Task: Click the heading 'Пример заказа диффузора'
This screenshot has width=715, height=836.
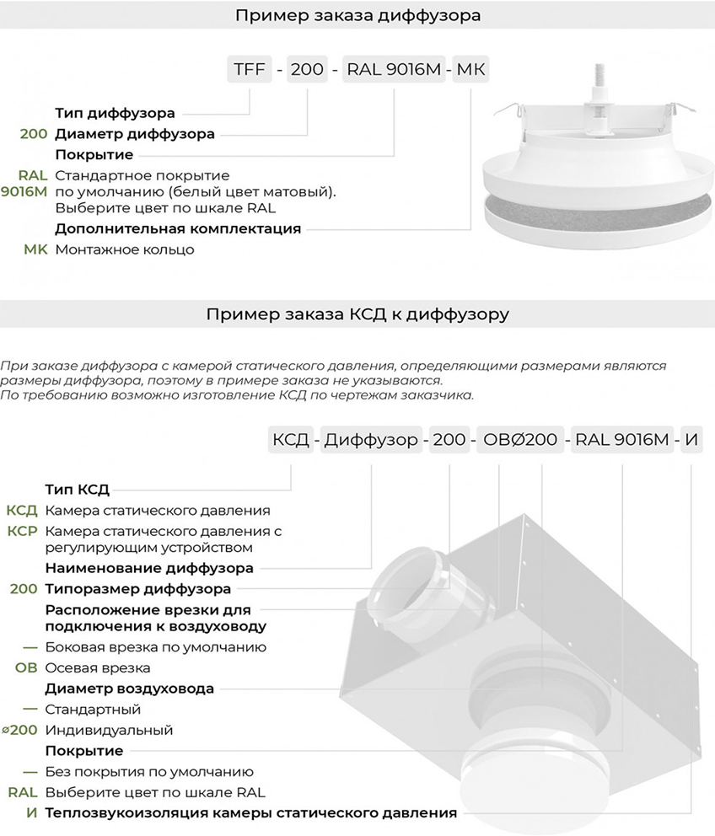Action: tap(357, 15)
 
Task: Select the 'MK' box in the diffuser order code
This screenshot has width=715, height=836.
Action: tap(470, 69)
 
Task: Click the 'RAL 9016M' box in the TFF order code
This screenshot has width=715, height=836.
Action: tap(394, 69)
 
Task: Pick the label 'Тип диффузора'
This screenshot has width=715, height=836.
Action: tap(116, 113)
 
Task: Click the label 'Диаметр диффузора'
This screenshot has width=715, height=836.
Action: tap(135, 133)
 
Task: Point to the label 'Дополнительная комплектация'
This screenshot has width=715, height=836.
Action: tap(178, 228)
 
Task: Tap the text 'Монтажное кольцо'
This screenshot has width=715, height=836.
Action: tap(125, 249)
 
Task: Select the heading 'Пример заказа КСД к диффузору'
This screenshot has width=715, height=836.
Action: tap(357, 315)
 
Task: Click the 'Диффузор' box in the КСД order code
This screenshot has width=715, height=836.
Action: tap(371, 439)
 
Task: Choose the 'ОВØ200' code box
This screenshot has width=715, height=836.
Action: tap(519, 439)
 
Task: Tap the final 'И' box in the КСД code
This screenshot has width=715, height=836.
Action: tap(691, 439)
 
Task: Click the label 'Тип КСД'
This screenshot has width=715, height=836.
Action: tap(78, 490)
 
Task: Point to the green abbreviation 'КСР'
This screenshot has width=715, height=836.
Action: tap(22, 531)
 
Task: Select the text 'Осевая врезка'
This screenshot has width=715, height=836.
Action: tap(98, 668)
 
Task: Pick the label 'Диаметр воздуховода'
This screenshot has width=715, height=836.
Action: tap(130, 689)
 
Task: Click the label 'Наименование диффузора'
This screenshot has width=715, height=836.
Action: tap(149, 568)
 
